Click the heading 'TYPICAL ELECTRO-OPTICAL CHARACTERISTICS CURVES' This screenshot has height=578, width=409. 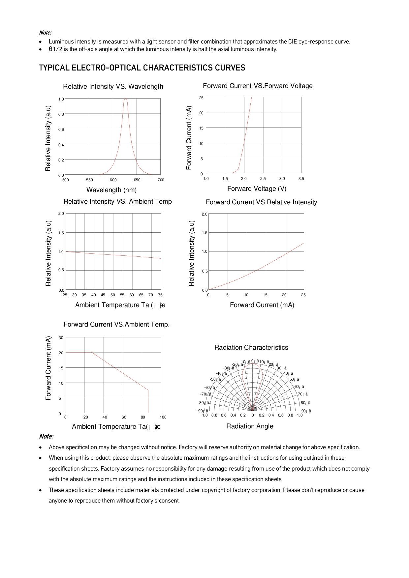142,68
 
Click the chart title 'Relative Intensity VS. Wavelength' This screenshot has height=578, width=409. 113,87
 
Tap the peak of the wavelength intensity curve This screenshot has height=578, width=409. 126,99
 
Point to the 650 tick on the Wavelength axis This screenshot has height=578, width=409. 137,180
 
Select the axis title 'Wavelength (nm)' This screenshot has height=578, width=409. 111,190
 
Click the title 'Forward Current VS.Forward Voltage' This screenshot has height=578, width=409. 258,86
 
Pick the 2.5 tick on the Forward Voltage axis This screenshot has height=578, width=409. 263,179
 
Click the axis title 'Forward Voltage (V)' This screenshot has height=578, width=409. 257,189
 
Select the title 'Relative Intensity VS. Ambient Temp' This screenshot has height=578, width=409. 118,202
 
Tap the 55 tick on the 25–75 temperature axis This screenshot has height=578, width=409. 122,295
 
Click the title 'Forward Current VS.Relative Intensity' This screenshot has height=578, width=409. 261,202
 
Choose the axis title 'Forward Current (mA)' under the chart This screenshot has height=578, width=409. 262,305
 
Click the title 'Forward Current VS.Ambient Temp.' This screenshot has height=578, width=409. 116,325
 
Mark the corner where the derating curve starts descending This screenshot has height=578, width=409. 91,353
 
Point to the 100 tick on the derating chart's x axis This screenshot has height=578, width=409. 163,417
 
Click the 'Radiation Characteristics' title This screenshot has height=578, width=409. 251,348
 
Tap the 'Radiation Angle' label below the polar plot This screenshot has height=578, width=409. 250,426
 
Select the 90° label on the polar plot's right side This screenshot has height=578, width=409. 305,411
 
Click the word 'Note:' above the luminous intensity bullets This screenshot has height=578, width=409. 46,33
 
